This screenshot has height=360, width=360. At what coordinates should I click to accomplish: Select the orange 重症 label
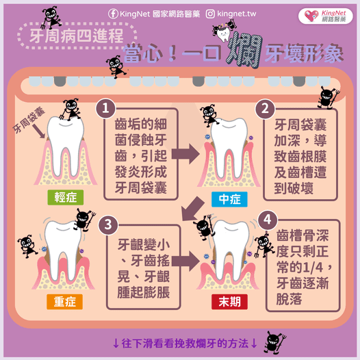65,301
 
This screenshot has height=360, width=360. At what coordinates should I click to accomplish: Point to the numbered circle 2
264,109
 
